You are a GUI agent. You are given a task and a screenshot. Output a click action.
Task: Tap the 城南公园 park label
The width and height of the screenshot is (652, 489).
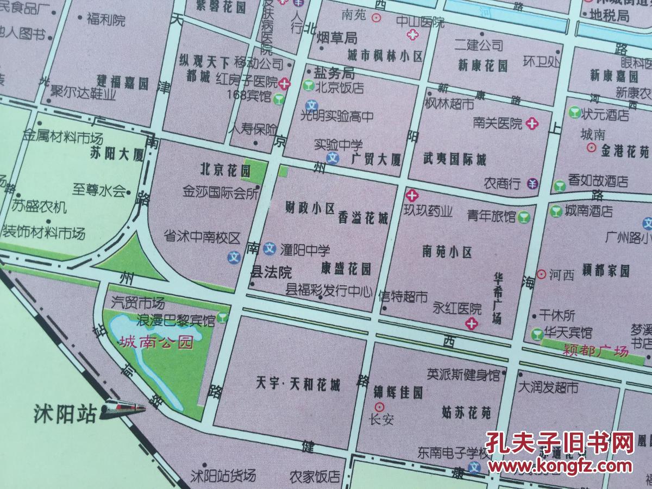[156, 343]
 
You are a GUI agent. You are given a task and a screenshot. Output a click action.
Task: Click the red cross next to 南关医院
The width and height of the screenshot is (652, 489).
[532, 123]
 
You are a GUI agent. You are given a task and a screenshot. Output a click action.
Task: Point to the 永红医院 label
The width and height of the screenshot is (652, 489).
[457, 309]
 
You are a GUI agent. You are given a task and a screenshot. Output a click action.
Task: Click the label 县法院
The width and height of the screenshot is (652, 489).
[271, 272]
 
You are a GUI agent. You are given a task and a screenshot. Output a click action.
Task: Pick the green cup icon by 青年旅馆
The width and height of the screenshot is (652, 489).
[523, 217]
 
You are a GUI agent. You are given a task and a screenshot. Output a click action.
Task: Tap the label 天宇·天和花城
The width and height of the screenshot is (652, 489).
[298, 386]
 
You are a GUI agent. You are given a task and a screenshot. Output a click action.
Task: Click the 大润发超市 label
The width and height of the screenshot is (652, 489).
[548, 387]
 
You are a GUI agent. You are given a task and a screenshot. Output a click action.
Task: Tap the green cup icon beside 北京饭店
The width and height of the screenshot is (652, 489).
[308, 86]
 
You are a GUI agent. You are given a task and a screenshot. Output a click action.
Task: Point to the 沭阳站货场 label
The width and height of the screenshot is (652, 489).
[223, 477]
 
